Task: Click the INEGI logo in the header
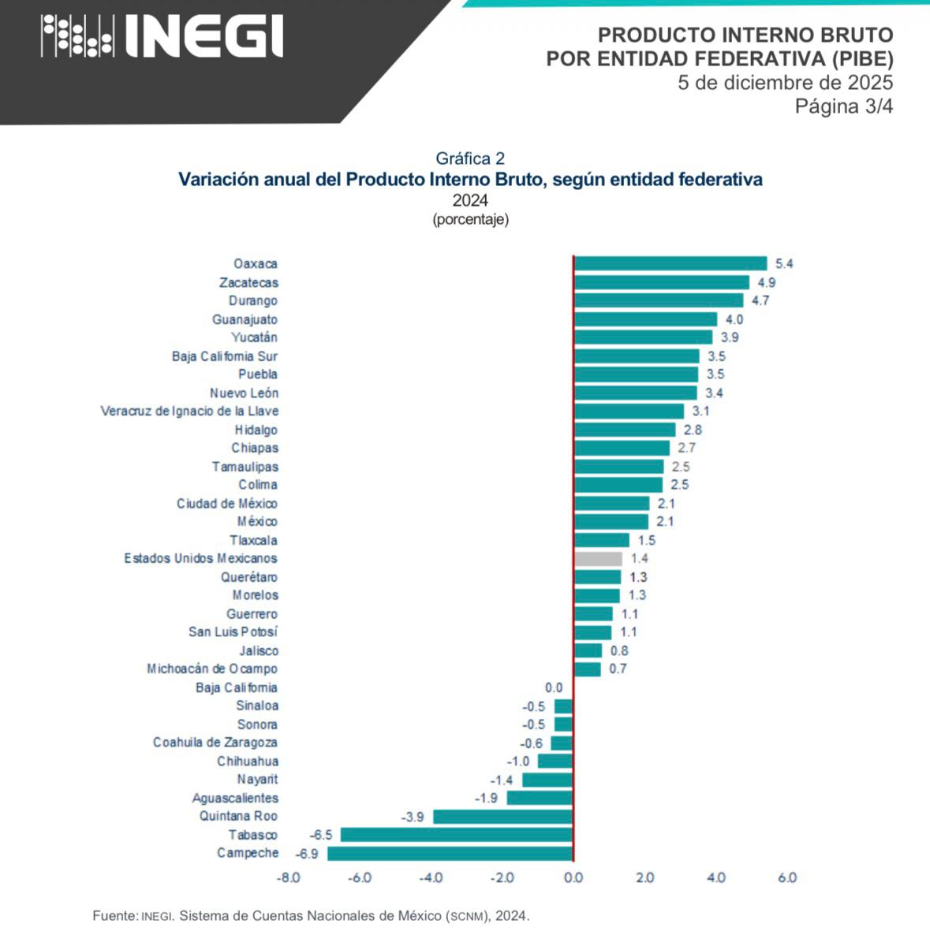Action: pos(162,36)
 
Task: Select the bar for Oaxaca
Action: pos(670,263)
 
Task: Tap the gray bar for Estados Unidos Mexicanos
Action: pos(598,558)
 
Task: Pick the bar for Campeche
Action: pos(450,853)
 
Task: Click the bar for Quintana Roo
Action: pos(502,816)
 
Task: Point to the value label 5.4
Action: pos(784,264)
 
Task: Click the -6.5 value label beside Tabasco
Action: pos(321,835)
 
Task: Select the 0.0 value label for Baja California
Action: pos(554,687)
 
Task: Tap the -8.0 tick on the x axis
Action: pos(289,877)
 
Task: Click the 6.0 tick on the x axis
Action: pos(787,877)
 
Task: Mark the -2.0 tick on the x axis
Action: pos(502,877)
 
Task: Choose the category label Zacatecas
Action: pos(248,282)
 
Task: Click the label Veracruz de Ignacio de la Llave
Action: pos(189,411)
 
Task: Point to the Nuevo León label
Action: pos(244,393)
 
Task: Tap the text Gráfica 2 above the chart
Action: pos(470,158)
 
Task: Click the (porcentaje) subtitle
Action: pos(470,219)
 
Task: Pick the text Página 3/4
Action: pos(843,106)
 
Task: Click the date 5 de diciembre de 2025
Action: pos(785,83)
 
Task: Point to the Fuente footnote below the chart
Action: pos(311,916)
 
